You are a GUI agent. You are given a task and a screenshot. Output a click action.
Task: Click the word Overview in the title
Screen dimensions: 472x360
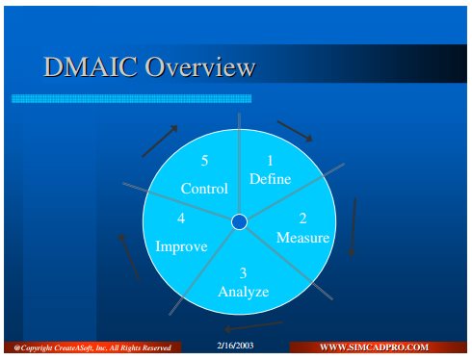click(x=200, y=66)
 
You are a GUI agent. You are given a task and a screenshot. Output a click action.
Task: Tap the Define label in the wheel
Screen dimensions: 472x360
click(x=270, y=179)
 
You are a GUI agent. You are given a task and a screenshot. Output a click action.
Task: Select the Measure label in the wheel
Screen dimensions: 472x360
click(x=302, y=238)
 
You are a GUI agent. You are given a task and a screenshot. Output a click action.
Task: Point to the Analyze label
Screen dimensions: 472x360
click(x=244, y=292)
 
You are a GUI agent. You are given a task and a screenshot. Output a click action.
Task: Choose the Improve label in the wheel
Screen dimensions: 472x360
click(x=181, y=247)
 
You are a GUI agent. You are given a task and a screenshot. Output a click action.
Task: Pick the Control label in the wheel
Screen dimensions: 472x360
click(x=204, y=189)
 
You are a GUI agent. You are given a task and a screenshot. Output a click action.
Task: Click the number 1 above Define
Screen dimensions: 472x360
click(x=270, y=161)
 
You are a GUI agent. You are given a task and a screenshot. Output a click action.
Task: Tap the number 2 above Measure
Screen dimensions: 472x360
click(x=302, y=219)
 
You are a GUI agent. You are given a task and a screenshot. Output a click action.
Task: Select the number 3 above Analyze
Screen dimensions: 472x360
click(x=243, y=273)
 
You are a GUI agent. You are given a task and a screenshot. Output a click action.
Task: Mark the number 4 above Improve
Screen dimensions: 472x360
click(x=181, y=219)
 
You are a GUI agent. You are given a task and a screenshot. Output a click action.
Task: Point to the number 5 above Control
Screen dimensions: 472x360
click(x=204, y=161)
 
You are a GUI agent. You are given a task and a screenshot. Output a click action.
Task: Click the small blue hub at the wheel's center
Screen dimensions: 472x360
click(x=239, y=222)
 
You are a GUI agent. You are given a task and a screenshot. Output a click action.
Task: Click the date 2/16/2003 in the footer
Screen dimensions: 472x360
click(x=235, y=346)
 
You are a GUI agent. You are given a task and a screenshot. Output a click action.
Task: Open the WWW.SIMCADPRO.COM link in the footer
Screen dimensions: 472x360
click(x=374, y=347)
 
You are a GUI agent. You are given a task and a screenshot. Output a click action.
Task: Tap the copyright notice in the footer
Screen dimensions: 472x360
click(x=92, y=347)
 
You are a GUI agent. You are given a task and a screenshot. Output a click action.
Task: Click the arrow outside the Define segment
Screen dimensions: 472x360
click(x=295, y=131)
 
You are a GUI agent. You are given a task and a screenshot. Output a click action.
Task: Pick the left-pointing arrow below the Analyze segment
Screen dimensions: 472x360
click(x=253, y=326)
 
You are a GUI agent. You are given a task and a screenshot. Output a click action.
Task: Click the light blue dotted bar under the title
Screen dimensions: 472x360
click(x=131, y=98)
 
